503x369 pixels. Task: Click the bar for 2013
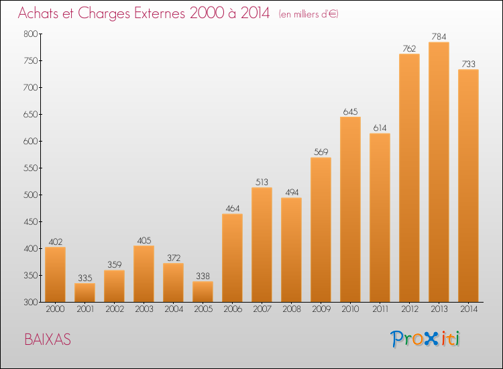tap(439, 172)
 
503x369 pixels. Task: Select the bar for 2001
tap(85, 293)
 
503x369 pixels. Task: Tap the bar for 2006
tap(232, 258)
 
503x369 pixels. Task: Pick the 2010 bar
tap(350, 209)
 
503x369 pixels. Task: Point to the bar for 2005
tap(203, 292)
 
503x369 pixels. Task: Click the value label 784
tap(439, 37)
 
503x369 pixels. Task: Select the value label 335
tap(85, 278)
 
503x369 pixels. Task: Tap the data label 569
tap(321, 152)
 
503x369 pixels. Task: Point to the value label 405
tap(144, 240)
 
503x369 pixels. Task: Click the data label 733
tap(468, 64)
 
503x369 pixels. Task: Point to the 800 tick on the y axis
tap(30, 34)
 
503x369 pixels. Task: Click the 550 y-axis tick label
tap(30, 168)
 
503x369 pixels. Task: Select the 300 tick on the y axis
tap(30, 302)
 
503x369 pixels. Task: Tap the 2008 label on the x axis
tap(291, 309)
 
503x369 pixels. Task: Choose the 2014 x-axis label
tap(468, 309)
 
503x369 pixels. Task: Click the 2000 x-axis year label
tap(55, 309)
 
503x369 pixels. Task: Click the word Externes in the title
tap(160, 13)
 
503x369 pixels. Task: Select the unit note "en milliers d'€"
tap(309, 14)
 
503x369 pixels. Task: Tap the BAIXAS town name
tap(48, 339)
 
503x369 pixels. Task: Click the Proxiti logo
tap(425, 339)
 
